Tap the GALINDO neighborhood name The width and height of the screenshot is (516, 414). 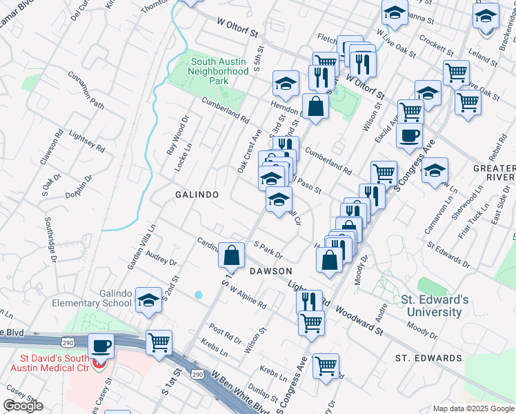click(x=197, y=195)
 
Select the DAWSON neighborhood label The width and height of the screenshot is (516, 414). click(x=271, y=271)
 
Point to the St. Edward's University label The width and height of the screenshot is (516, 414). click(x=435, y=306)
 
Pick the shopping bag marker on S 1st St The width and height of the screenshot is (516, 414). click(x=231, y=255)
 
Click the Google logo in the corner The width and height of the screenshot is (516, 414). click(x=23, y=406)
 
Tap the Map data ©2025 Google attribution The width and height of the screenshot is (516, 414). click(x=473, y=408)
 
